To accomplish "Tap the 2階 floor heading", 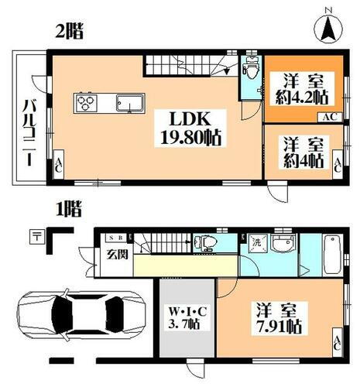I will click(69, 33).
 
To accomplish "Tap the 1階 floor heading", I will click(67, 208).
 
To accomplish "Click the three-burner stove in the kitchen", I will click(86, 102).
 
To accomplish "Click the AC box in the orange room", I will click(327, 117).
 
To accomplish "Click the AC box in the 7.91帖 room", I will click(339, 341).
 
